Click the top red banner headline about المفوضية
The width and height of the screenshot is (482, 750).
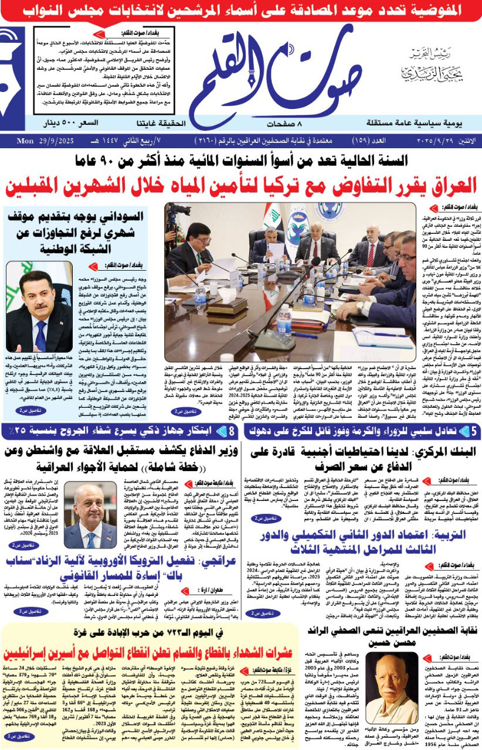click(x=241, y=10)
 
